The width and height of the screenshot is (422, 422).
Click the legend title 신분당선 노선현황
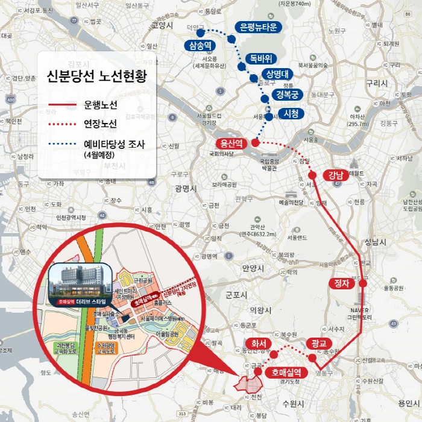tap(96, 77)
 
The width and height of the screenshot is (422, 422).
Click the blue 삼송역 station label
tap(200, 46)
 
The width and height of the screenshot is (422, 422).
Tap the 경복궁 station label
tap(288, 95)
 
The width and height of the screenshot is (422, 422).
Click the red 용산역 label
tap(231, 143)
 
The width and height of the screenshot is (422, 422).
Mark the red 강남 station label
tap(335, 175)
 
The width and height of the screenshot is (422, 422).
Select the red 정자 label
tap(342, 283)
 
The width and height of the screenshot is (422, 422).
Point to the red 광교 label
tap(318, 343)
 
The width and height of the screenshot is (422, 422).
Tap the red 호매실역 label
tap(286, 371)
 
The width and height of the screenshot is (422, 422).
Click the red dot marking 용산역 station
tap(255, 143)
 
